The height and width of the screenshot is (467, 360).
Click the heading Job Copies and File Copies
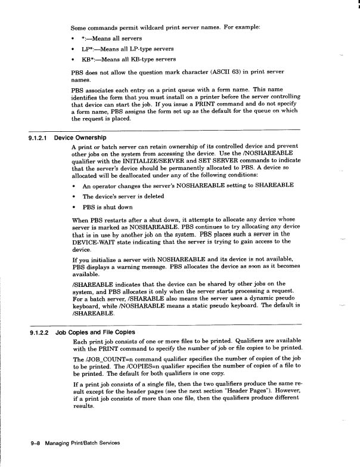coord(95,332)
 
